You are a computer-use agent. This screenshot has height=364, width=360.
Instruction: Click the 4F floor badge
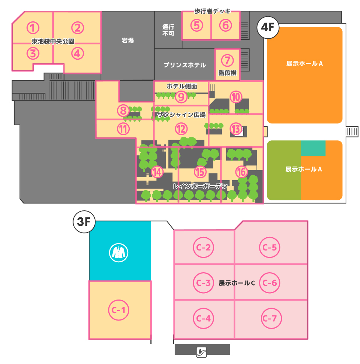(x=268, y=27)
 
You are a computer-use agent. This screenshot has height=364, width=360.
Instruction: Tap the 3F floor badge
(x=84, y=222)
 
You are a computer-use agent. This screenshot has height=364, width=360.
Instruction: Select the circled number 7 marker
(x=227, y=60)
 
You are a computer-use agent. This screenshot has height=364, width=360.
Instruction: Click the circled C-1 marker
(x=119, y=310)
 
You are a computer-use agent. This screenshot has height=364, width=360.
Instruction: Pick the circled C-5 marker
(x=269, y=248)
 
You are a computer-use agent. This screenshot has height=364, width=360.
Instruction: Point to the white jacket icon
(x=119, y=253)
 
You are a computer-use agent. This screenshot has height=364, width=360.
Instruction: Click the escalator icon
(x=202, y=352)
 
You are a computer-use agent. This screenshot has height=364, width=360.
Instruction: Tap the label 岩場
(x=127, y=41)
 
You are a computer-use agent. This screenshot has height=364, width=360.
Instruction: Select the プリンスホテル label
(x=185, y=65)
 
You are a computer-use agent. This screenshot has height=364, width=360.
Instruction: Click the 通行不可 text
(x=168, y=30)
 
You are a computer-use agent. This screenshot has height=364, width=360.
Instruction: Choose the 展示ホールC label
(x=237, y=283)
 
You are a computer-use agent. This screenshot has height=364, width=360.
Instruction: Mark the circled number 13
(x=236, y=129)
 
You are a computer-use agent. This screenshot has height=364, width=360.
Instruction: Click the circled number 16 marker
(x=241, y=172)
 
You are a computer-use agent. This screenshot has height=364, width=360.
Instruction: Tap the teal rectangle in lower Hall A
(x=313, y=148)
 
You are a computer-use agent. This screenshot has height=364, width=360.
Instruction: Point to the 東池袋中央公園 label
(x=53, y=41)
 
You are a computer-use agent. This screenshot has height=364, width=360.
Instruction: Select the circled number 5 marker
(x=197, y=25)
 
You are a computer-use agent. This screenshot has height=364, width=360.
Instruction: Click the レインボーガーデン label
(x=200, y=186)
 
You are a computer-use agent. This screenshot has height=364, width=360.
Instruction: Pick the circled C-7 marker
(x=271, y=318)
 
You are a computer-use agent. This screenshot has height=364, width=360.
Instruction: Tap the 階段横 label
(x=227, y=73)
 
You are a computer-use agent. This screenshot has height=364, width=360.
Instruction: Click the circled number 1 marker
(x=33, y=28)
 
